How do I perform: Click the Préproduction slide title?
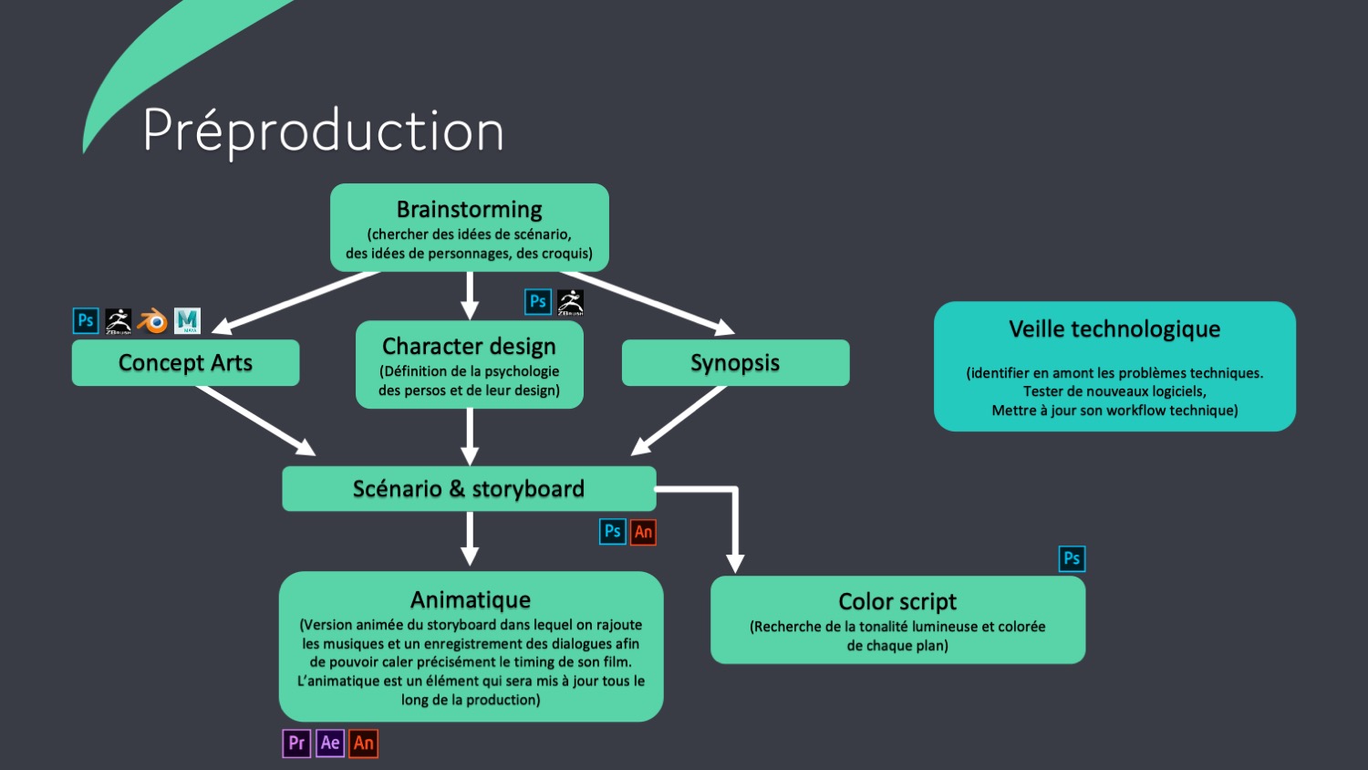tap(323, 130)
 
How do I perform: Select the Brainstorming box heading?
tap(469, 210)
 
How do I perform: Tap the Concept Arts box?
tap(185, 362)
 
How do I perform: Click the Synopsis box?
tap(735, 362)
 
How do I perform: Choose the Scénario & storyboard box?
tap(469, 488)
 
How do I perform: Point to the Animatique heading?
tap(471, 599)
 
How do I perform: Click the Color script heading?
tap(897, 601)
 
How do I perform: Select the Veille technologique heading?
tap(1114, 329)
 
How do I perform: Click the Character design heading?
tap(469, 347)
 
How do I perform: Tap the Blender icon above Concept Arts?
tap(152, 321)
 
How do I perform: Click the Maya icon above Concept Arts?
tap(187, 321)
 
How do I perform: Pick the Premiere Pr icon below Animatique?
tap(296, 743)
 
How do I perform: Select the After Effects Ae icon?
tap(330, 743)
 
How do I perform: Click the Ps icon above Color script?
tap(1072, 558)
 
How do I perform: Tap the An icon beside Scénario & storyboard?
tap(643, 532)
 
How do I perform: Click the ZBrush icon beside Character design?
tap(570, 302)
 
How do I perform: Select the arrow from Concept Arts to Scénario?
tap(255, 420)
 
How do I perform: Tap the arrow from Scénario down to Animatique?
tap(470, 538)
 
